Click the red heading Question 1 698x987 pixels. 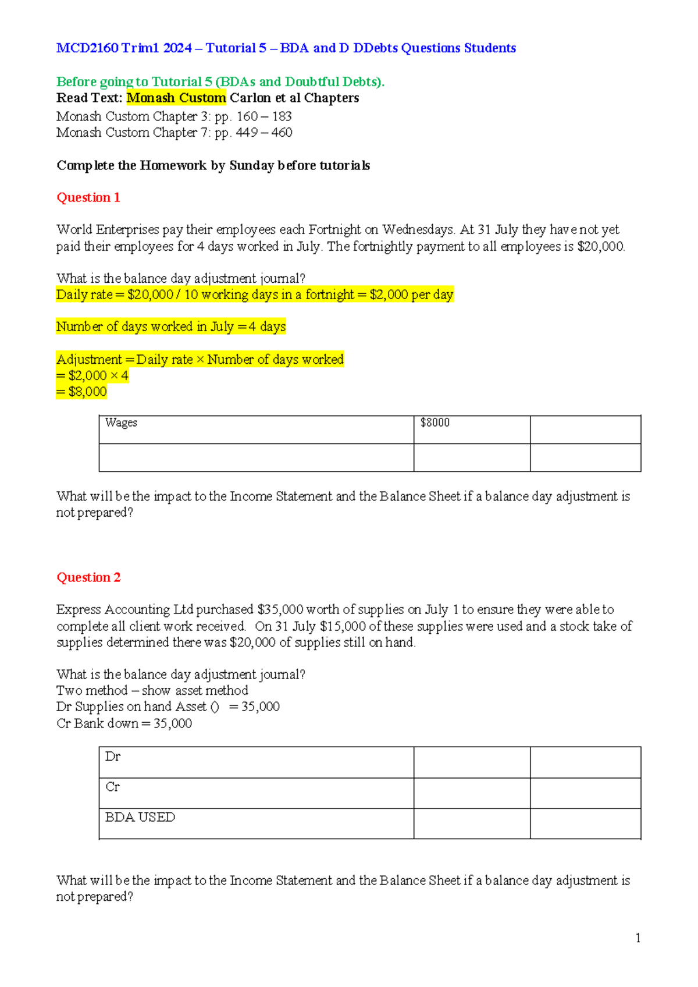[88, 197]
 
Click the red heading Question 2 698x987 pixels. [88, 577]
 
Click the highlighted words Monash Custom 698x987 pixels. [176, 98]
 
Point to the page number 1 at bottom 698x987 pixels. [638, 938]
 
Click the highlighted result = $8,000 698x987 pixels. [81, 392]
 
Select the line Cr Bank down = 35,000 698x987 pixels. [124, 723]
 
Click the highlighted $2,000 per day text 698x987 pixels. [411, 294]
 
